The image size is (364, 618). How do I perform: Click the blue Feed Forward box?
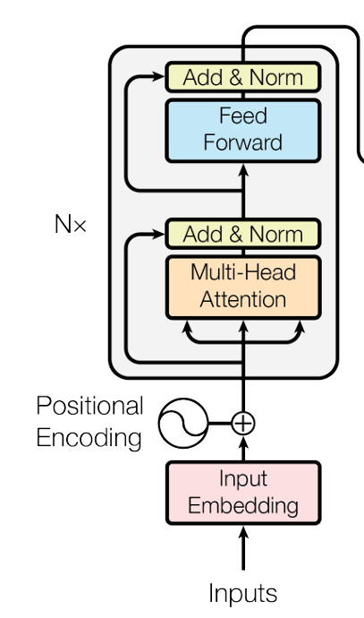243,131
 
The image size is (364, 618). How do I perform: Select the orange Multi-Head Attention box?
243,287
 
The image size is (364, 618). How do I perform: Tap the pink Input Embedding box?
243,493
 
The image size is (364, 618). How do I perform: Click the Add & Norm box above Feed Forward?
243,77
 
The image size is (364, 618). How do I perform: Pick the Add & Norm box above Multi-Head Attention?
243,234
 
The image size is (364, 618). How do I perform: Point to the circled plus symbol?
243,424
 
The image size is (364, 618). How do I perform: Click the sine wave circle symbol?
183,424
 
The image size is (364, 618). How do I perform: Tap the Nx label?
71,224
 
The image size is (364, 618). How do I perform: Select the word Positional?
89,406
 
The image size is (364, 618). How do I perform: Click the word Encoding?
89,438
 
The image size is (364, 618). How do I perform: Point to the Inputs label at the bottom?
243,594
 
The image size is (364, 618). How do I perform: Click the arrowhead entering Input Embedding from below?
243,532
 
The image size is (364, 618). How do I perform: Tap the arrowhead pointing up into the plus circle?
243,442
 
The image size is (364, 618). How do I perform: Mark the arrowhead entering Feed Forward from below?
243,170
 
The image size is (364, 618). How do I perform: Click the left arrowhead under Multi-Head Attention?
187,326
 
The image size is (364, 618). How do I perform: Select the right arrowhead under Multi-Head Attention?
301,326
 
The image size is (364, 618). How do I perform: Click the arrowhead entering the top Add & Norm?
158,76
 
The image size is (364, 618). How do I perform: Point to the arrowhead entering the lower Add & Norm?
158,234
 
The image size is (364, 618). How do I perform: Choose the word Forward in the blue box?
243,142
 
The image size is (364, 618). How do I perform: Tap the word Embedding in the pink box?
243,506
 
